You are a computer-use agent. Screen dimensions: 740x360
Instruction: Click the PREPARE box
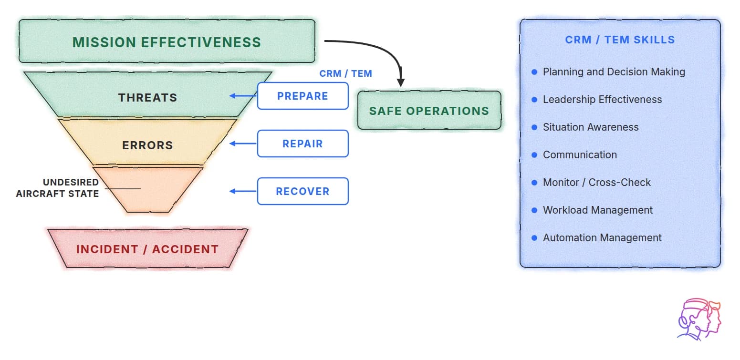click(x=302, y=96)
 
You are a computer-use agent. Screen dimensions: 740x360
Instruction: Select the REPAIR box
click(x=302, y=144)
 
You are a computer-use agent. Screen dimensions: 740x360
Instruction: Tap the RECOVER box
click(x=302, y=191)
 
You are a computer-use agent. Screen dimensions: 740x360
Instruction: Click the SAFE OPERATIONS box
click(x=429, y=110)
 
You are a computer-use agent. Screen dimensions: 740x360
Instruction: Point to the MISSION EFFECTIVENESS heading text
click(x=167, y=42)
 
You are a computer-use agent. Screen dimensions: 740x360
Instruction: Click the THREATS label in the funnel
click(x=148, y=97)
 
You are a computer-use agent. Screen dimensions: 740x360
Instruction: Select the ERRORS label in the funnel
click(x=148, y=145)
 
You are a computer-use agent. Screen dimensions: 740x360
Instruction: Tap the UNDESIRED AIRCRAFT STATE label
click(x=57, y=188)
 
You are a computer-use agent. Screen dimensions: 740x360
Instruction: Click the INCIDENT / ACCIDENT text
click(x=147, y=249)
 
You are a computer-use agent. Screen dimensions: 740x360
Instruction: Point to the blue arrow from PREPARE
click(x=243, y=96)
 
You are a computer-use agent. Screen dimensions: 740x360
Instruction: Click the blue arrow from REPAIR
click(x=243, y=144)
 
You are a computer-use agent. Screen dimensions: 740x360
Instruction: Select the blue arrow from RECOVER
click(x=243, y=191)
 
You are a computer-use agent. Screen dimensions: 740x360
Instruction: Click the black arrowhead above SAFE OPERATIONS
click(x=401, y=82)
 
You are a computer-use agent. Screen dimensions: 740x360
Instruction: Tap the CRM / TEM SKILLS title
click(x=620, y=40)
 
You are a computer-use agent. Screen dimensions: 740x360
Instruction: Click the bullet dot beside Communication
click(x=534, y=155)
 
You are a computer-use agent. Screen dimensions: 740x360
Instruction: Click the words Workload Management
click(x=598, y=210)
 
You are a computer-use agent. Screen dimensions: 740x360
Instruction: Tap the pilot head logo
click(x=698, y=319)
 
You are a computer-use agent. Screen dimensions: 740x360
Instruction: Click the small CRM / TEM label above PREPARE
click(x=345, y=73)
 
